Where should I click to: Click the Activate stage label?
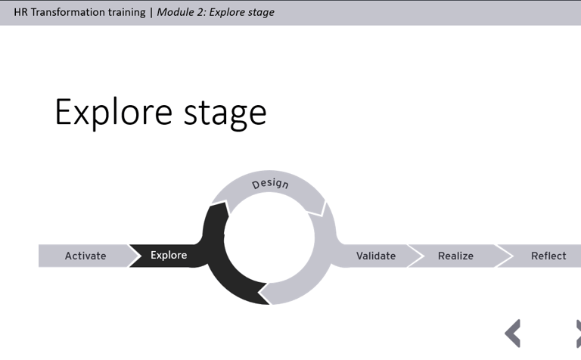pyautogui.click(x=85, y=256)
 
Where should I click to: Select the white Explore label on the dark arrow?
pyautogui.click(x=169, y=256)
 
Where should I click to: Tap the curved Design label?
pyautogui.click(x=270, y=183)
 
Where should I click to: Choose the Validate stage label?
pyautogui.click(x=376, y=256)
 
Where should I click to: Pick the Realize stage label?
pyautogui.click(x=455, y=256)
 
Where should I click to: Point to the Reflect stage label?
pyautogui.click(x=548, y=256)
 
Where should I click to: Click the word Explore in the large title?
pyautogui.click(x=113, y=113)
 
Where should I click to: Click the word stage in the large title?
pyautogui.click(x=225, y=115)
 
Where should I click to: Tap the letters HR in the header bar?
pyautogui.click(x=20, y=12)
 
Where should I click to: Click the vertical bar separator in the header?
pyautogui.click(x=151, y=13)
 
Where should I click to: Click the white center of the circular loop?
pyautogui.click(x=269, y=237)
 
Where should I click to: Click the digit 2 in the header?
pyautogui.click(x=201, y=12)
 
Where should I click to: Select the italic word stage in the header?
pyautogui.click(x=259, y=13)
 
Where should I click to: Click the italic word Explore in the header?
pyautogui.click(x=224, y=13)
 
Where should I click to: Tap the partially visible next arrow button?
pyautogui.click(x=579, y=334)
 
